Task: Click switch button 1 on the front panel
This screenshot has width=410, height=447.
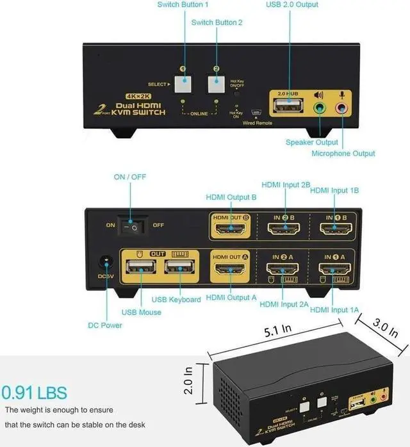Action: [184, 84]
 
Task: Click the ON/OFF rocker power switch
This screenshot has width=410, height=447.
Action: [135, 225]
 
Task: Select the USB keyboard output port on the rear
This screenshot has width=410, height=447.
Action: [179, 268]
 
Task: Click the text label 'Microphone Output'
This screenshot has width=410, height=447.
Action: [343, 154]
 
